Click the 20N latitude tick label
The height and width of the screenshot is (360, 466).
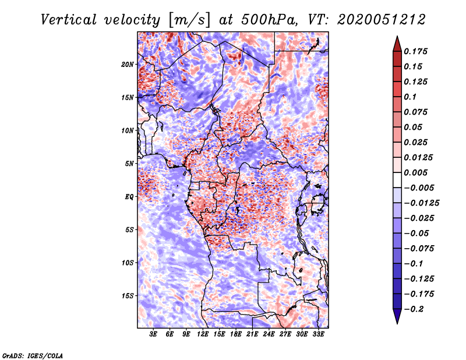(128, 64)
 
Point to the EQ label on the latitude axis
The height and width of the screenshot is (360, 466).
(129, 197)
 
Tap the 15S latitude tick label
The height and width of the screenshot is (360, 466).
(128, 296)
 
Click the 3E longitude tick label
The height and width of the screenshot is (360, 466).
(154, 335)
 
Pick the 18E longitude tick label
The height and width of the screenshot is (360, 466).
(236, 335)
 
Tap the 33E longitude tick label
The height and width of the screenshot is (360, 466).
(319, 335)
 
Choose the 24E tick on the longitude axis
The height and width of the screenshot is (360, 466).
(269, 335)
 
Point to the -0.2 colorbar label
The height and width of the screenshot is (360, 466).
(415, 309)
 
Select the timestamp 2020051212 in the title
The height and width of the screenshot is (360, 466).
(373, 19)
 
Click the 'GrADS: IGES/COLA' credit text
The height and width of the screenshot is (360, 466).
(32, 355)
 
